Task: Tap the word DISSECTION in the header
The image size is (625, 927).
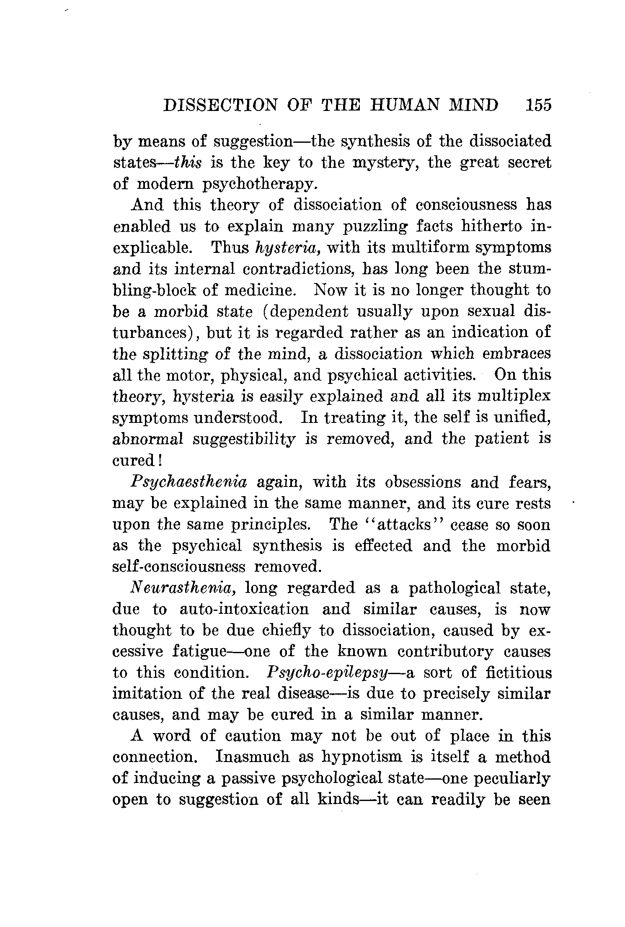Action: click(220, 105)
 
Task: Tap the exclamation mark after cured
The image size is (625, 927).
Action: click(160, 460)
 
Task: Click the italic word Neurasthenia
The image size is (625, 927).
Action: click(183, 589)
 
